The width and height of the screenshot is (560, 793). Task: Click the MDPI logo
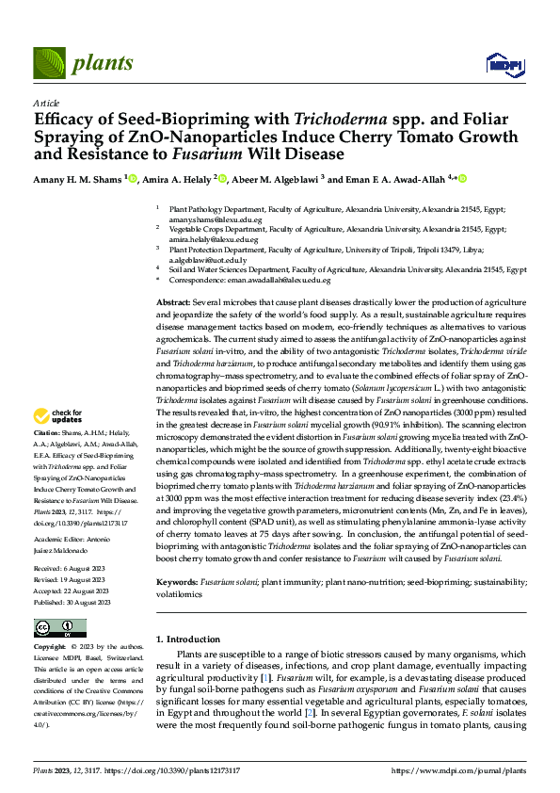[x=500, y=64]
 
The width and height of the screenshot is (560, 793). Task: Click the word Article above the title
[x=45, y=103]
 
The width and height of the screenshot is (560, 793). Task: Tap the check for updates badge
[x=58, y=416]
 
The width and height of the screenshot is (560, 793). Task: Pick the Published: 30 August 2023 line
[x=72, y=602]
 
